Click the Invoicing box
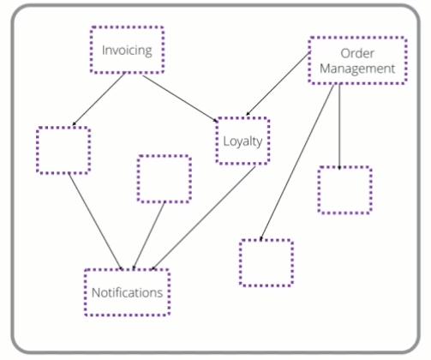tap(127, 49)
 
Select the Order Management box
tap(356, 60)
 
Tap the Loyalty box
tap(242, 140)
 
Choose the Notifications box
tap(127, 292)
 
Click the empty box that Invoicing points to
tap(63, 150)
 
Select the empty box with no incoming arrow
tap(164, 179)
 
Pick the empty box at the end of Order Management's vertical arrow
tap(344, 189)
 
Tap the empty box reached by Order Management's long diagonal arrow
tap(266, 262)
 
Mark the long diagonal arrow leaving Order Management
tap(296, 163)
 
